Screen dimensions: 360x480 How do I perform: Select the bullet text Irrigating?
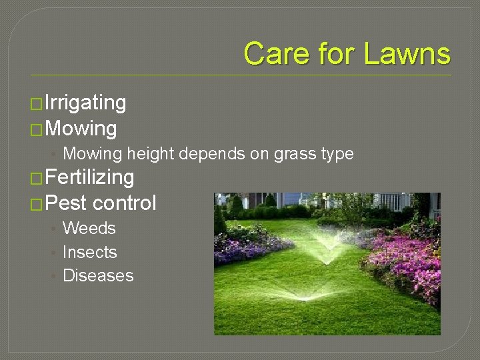pos(85,103)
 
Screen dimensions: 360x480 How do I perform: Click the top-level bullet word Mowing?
pos(83,128)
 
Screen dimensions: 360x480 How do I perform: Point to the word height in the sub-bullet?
pos(150,154)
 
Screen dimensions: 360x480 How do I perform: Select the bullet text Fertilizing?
pos(91,177)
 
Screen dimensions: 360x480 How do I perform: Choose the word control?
pos(125,203)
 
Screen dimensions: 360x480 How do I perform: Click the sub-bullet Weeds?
pos(89,229)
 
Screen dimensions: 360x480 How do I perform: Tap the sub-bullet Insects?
pos(89,252)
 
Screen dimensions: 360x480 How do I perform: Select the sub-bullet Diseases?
pos(98,275)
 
